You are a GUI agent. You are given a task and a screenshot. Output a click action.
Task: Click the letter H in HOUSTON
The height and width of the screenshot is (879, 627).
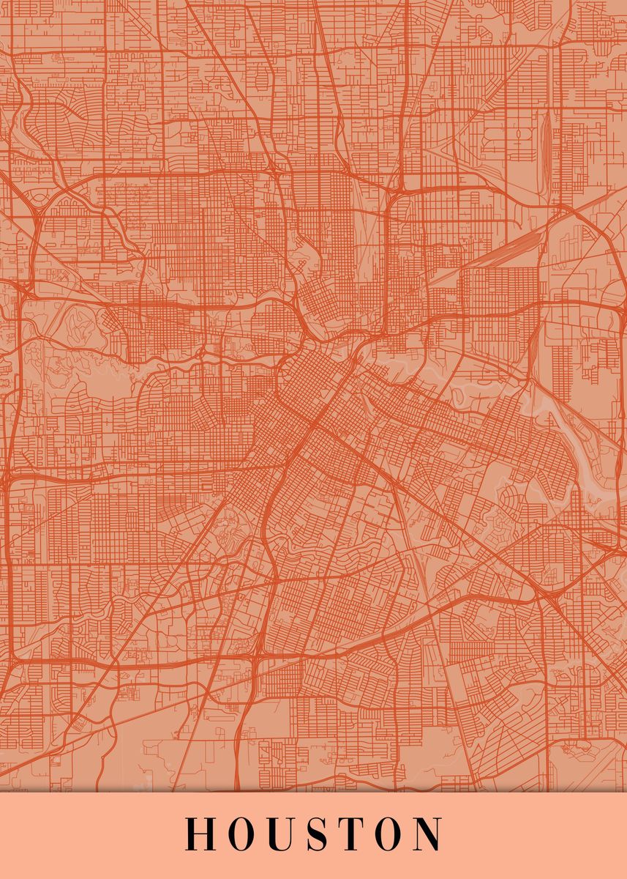pos(197,834)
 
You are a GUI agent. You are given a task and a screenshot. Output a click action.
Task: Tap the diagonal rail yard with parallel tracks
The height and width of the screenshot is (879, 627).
pos(512,245)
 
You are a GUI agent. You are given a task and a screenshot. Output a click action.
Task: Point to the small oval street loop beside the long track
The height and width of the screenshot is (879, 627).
pos(522,134)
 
